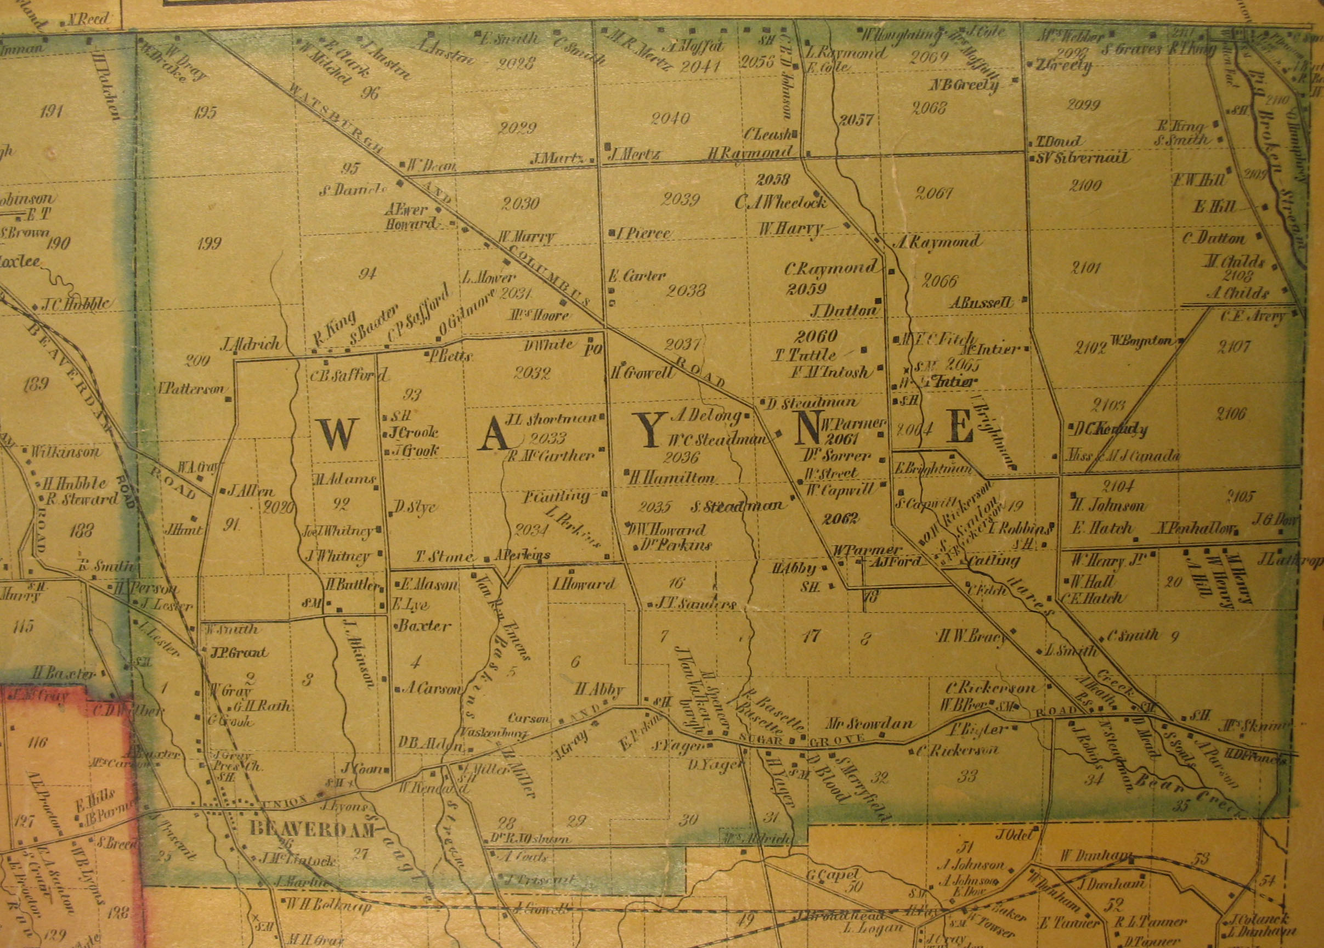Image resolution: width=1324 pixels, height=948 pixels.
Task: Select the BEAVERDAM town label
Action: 303,828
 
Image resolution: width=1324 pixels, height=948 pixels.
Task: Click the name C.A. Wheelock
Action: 781,202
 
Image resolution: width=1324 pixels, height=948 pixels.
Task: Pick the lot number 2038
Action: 687,290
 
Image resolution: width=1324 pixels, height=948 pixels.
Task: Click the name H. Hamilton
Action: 672,477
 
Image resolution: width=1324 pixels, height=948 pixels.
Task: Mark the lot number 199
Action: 209,244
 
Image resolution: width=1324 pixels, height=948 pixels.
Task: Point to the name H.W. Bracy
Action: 971,636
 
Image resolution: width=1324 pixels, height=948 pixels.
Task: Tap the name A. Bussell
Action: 981,302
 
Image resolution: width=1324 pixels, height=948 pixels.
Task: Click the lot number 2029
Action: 518,128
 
